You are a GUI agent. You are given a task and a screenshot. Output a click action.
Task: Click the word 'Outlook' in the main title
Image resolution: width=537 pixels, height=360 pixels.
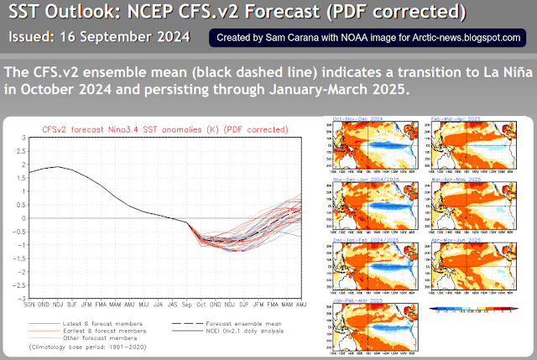tap(97, 13)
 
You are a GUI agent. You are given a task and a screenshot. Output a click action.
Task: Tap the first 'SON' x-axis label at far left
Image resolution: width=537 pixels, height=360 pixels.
tap(31, 305)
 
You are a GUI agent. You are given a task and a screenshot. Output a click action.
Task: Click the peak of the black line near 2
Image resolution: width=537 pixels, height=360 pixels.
tap(58, 167)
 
